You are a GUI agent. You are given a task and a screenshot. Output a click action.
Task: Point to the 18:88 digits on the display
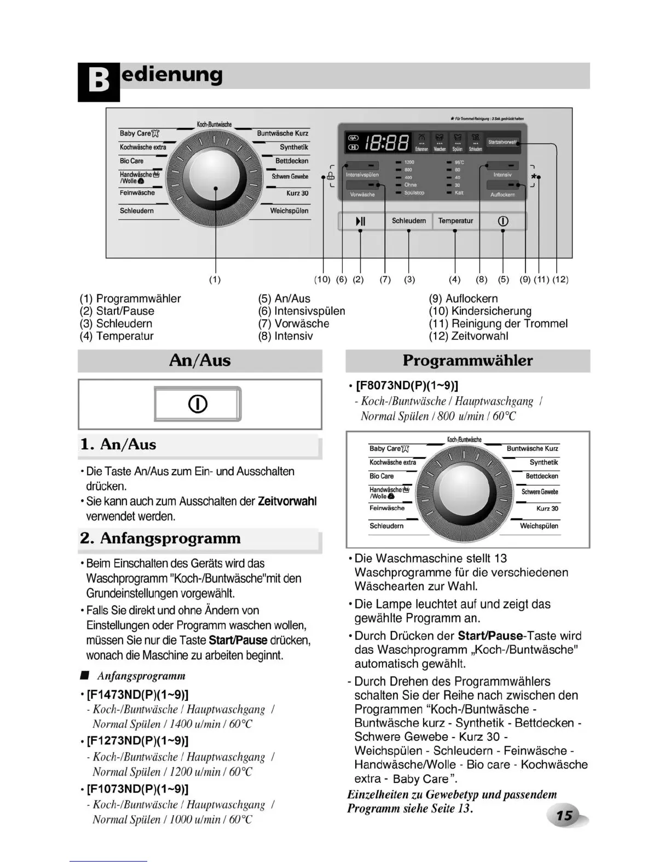click(x=387, y=143)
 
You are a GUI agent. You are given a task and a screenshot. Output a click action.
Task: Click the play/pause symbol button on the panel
click(x=360, y=221)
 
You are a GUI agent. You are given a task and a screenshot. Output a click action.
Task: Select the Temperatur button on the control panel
click(x=455, y=221)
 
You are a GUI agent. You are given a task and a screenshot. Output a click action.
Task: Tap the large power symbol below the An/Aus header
click(x=198, y=404)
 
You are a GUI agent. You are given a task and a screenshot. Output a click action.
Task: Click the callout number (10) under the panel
click(x=322, y=279)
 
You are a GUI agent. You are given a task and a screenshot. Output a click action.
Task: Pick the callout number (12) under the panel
click(x=560, y=279)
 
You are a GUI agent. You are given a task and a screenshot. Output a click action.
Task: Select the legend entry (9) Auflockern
click(x=463, y=299)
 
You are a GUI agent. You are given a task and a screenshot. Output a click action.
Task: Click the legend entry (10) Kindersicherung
click(x=480, y=311)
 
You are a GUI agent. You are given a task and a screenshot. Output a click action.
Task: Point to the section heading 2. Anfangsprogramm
click(x=160, y=538)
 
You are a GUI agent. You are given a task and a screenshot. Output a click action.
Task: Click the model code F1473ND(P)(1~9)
click(x=137, y=695)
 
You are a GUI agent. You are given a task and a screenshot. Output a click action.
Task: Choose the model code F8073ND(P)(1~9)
click(x=407, y=386)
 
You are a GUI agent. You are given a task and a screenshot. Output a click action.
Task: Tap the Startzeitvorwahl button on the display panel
click(x=502, y=142)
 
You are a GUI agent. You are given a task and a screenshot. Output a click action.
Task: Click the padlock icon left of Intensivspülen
click(x=330, y=176)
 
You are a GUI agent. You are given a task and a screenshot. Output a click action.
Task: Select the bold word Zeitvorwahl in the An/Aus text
click(x=287, y=501)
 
